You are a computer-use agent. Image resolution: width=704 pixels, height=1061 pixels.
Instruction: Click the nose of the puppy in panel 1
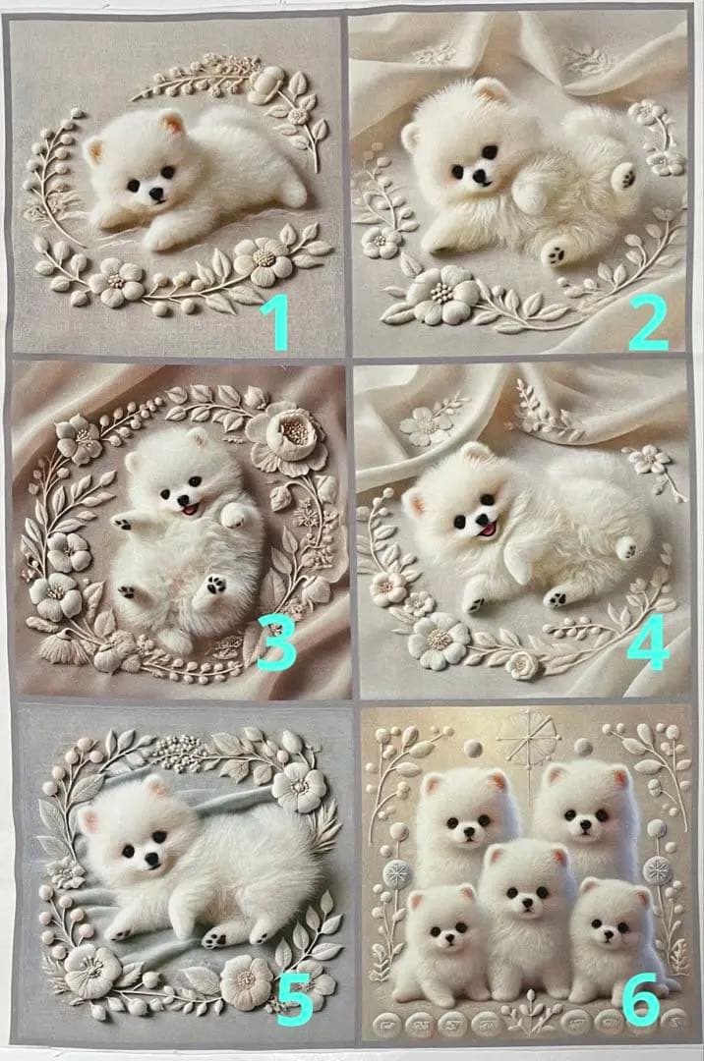(155, 194)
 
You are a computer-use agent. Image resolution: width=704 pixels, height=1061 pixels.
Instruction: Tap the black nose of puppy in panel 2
(479, 177)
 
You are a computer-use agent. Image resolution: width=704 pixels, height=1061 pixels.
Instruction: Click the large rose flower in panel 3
(287, 439)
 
